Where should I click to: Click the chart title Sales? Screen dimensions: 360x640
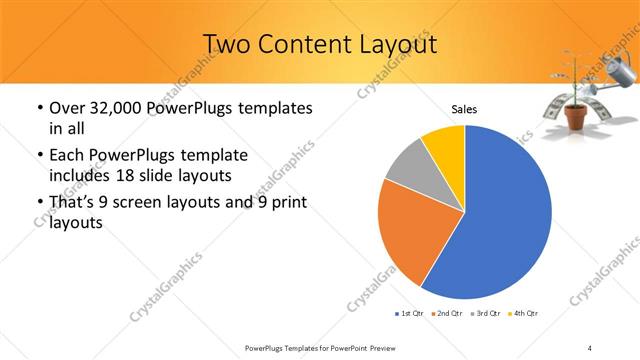coord(464,109)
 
